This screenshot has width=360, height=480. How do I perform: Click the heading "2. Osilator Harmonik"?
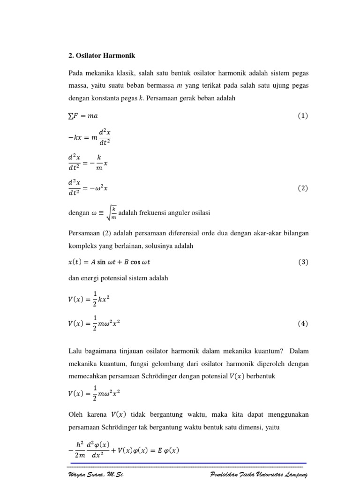[101, 56]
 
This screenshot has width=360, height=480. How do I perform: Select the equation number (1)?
[303, 116]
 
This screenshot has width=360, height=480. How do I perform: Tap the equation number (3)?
[303, 262]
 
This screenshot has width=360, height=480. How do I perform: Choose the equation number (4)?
[303, 323]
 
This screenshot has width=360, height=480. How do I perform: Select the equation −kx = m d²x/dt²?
[89, 138]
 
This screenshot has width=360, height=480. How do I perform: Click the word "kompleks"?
[84, 246]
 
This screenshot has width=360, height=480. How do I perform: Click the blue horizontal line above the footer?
[187, 463]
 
